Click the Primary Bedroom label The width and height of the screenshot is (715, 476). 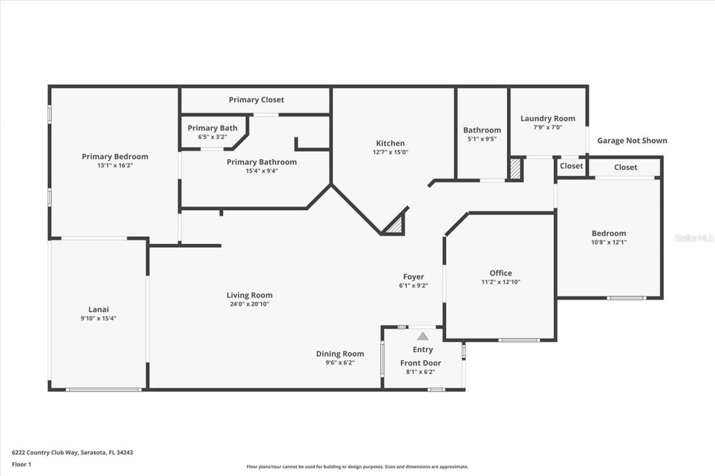click(115, 156)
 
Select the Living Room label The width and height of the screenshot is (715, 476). click(249, 295)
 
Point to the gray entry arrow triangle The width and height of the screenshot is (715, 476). click(423, 336)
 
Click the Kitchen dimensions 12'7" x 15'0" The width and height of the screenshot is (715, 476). click(390, 152)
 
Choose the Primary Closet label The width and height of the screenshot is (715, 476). click(256, 99)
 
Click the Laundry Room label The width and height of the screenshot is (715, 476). click(547, 118)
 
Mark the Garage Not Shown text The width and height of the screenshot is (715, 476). click(632, 141)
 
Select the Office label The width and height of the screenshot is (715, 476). click(500, 273)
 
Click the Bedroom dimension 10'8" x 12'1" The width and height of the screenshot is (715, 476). click(609, 242)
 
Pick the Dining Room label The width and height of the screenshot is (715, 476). click(340, 353)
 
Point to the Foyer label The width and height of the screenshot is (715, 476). click(413, 276)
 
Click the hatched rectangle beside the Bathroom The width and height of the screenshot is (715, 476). click(515, 169)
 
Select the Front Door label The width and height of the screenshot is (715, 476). click(420, 363)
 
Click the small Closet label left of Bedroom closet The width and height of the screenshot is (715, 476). click(571, 166)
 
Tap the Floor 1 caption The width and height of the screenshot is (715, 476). click(21, 464)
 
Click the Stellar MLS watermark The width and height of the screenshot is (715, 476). click(694, 238)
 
